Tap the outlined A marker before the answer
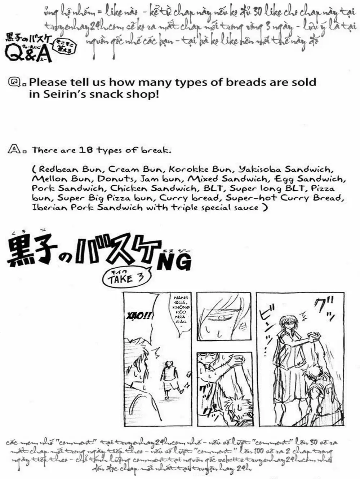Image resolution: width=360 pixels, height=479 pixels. pyautogui.click(x=13, y=149)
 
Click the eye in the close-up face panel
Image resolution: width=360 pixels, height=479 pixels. pyautogui.click(x=221, y=317)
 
